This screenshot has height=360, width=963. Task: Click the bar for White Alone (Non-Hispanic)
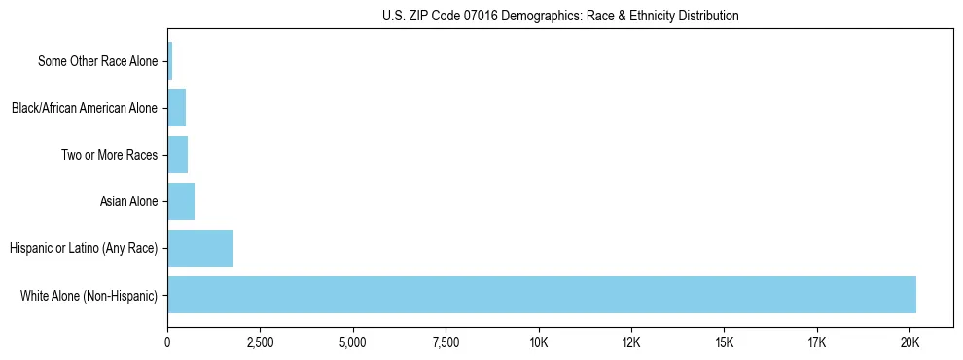tap(542, 295)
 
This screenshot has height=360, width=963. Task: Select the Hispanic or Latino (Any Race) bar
tap(200, 248)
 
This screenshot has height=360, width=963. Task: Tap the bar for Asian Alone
tap(181, 201)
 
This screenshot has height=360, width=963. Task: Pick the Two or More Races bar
tap(177, 155)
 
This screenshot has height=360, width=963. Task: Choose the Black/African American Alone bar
tap(176, 108)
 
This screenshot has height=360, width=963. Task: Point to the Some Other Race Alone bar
tap(170, 61)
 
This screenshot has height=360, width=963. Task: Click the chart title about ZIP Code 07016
tap(560, 16)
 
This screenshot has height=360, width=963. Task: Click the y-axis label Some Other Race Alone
tap(97, 61)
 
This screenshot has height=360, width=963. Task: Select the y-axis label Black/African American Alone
tap(84, 108)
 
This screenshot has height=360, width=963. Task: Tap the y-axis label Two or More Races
tap(109, 155)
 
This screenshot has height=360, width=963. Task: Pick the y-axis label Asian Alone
tap(128, 201)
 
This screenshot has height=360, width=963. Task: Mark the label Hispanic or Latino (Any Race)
tap(84, 248)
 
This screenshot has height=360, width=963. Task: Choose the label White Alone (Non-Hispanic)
tap(89, 295)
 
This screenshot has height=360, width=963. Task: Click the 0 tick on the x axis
tap(167, 342)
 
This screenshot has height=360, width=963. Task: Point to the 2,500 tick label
tap(260, 342)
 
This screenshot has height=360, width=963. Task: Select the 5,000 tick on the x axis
tap(353, 342)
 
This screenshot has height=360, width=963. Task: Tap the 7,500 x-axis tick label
tap(446, 342)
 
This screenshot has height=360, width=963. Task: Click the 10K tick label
tap(538, 342)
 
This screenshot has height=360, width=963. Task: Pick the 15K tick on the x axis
tap(724, 342)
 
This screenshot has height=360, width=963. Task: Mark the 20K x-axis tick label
tap(909, 342)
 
